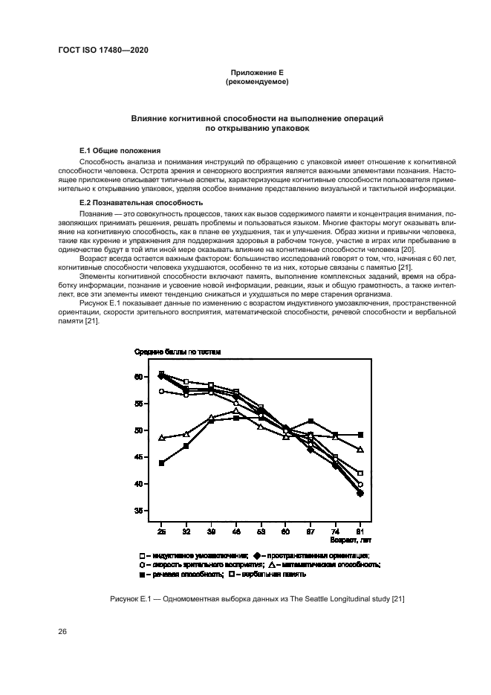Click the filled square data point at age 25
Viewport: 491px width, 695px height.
(x=162, y=463)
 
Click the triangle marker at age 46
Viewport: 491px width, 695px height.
(x=236, y=411)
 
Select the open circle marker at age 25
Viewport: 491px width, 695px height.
(x=162, y=391)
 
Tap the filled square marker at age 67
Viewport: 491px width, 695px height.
(x=310, y=421)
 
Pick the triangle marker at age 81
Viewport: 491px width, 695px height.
(x=360, y=450)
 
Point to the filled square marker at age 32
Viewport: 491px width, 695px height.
(x=186, y=446)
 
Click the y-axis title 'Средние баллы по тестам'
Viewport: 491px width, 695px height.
(x=178, y=352)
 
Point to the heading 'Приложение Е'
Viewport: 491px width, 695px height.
(x=245, y=72)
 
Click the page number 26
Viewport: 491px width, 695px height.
(x=62, y=632)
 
